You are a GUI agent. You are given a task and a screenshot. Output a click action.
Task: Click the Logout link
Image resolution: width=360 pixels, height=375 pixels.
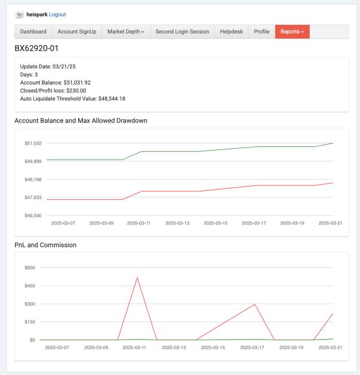(x=58, y=14)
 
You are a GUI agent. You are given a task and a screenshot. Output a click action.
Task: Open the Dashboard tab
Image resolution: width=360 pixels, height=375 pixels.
(x=33, y=32)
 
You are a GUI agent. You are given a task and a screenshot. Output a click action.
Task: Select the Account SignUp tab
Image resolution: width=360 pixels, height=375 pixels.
(x=77, y=32)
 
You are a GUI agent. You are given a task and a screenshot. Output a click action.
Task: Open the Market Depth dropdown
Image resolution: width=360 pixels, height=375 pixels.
(x=126, y=32)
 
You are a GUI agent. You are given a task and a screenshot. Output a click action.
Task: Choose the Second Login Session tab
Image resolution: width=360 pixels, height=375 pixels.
(x=182, y=32)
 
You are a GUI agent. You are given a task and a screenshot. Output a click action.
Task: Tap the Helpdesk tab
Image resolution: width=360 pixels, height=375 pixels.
(x=232, y=32)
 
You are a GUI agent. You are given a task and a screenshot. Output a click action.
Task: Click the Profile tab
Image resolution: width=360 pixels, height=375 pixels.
(x=262, y=32)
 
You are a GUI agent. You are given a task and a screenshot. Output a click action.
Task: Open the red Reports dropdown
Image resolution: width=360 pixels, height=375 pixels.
(x=292, y=32)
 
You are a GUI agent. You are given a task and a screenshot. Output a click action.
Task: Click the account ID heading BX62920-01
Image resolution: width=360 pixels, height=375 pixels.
(x=37, y=49)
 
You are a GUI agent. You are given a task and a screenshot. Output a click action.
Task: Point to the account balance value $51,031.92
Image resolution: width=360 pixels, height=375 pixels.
(x=77, y=83)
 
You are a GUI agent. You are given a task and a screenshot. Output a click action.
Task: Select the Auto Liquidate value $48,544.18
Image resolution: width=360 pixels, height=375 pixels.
(x=112, y=99)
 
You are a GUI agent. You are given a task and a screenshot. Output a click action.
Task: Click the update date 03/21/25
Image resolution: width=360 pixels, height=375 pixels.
(x=64, y=67)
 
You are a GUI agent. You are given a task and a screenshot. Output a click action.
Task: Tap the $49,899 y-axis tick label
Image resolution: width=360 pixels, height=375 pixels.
(x=33, y=161)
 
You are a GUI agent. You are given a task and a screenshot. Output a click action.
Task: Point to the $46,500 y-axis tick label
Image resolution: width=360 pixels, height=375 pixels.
(x=33, y=215)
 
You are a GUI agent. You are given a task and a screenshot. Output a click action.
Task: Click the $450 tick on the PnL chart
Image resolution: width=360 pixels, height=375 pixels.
(x=30, y=286)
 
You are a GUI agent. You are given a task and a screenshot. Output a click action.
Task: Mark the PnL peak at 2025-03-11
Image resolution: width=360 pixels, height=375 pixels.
(x=137, y=278)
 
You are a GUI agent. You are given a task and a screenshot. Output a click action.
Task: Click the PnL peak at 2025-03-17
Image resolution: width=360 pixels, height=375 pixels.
(x=255, y=304)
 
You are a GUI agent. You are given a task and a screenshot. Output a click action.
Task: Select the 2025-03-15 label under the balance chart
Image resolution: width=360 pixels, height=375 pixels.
(x=215, y=223)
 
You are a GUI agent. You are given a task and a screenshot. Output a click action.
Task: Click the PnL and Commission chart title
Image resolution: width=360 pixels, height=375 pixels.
(x=46, y=245)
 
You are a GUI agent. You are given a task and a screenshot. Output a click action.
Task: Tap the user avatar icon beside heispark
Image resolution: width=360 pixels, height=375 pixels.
(x=19, y=15)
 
